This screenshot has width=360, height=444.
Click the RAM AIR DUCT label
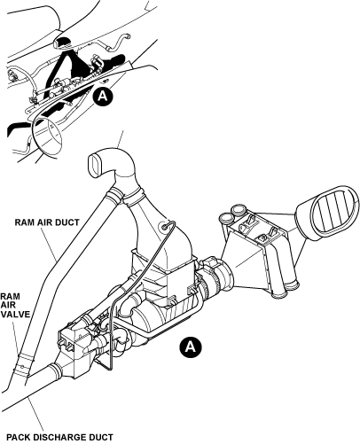[47, 222]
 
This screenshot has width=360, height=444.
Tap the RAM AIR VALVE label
[15, 305]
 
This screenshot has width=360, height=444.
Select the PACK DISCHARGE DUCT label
[59, 437]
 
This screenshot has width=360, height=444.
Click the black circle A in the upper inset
[103, 96]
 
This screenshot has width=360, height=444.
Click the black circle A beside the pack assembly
[191, 346]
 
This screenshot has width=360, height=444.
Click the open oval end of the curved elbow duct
[95, 165]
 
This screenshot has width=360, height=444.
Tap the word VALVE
[15, 314]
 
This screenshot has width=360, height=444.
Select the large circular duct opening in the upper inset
[47, 135]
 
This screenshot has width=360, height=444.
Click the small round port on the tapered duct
[164, 227]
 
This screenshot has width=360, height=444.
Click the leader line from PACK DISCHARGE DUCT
[35, 414]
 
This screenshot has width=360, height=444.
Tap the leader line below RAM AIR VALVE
[17, 337]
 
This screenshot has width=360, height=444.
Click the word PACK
[18, 437]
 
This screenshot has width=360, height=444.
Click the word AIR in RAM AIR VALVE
[7, 305]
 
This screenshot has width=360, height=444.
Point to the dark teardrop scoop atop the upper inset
[62, 43]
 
